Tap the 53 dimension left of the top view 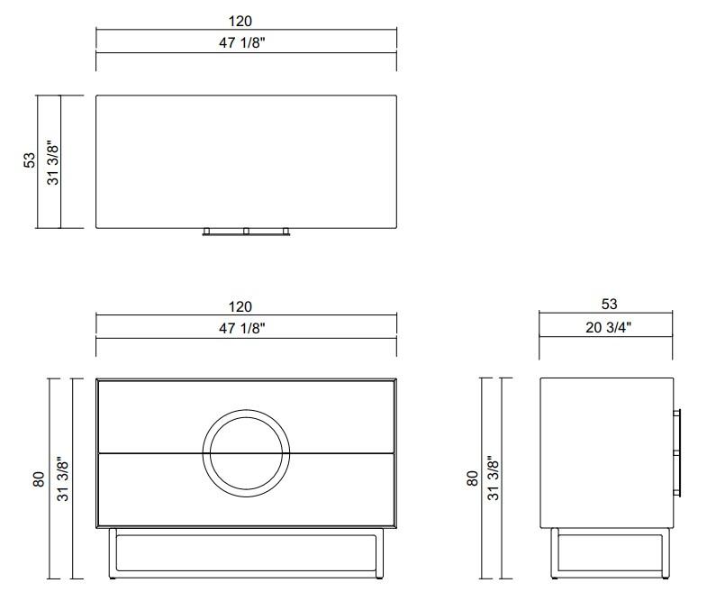30,160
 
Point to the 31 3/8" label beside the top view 52,161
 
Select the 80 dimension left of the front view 38,478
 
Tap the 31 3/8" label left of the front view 61,478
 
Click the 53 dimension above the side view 609,305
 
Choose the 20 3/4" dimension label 609,327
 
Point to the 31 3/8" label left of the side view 494,478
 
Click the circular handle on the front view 247,451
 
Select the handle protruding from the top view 246,232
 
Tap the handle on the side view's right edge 680,451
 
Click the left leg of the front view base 112,552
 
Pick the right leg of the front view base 381,552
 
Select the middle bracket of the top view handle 246,231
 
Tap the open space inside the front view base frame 246,551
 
